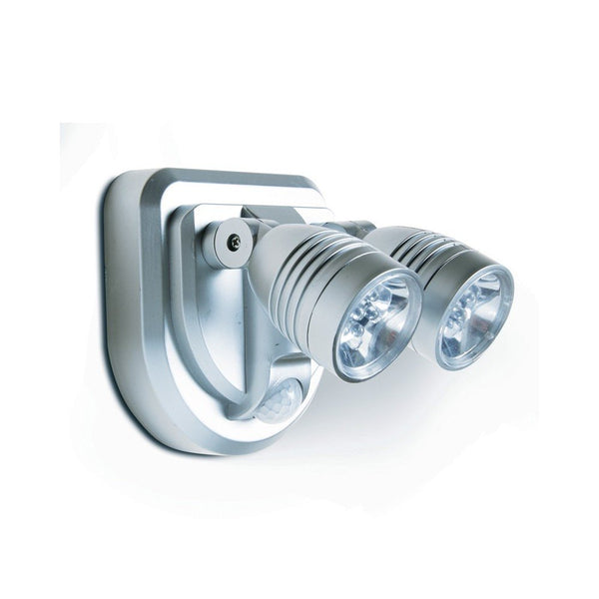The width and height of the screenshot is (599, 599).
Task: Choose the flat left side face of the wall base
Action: click(x=125, y=299)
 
